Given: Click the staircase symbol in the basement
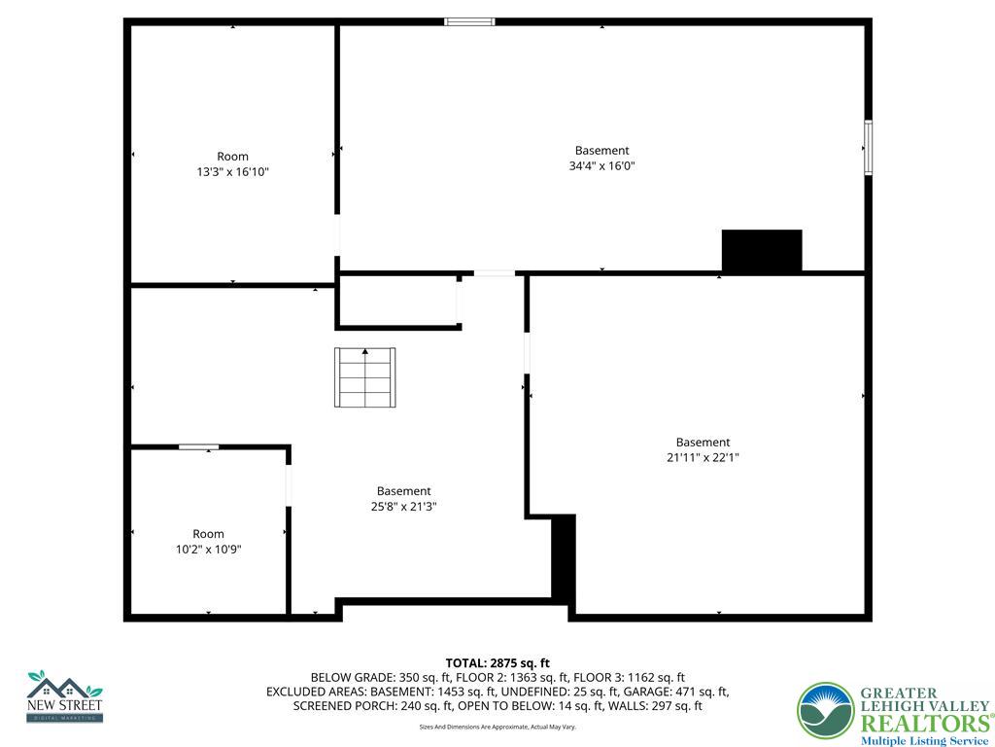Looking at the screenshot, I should [365, 377].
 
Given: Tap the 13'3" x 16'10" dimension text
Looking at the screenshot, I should [232, 172].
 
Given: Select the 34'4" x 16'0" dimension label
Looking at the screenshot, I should [601, 165].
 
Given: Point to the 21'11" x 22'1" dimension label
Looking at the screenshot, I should [703, 457].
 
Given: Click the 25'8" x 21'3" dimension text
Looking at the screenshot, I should [403, 507].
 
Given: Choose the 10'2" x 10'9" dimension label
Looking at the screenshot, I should [208, 549].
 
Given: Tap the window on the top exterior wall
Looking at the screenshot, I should [469, 21].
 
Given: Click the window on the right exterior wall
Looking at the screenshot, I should [868, 148].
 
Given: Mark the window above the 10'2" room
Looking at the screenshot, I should [198, 446].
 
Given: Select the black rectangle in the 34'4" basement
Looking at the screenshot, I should [762, 251].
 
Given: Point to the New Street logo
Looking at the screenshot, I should [64, 695].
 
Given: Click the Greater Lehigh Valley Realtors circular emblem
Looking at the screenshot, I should [825, 711].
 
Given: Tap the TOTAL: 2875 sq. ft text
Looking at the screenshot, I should [497, 663].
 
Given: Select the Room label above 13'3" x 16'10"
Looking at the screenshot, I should [232, 157].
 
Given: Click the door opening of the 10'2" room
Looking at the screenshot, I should [289, 486].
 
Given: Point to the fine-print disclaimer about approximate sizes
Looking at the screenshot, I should [497, 727].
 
